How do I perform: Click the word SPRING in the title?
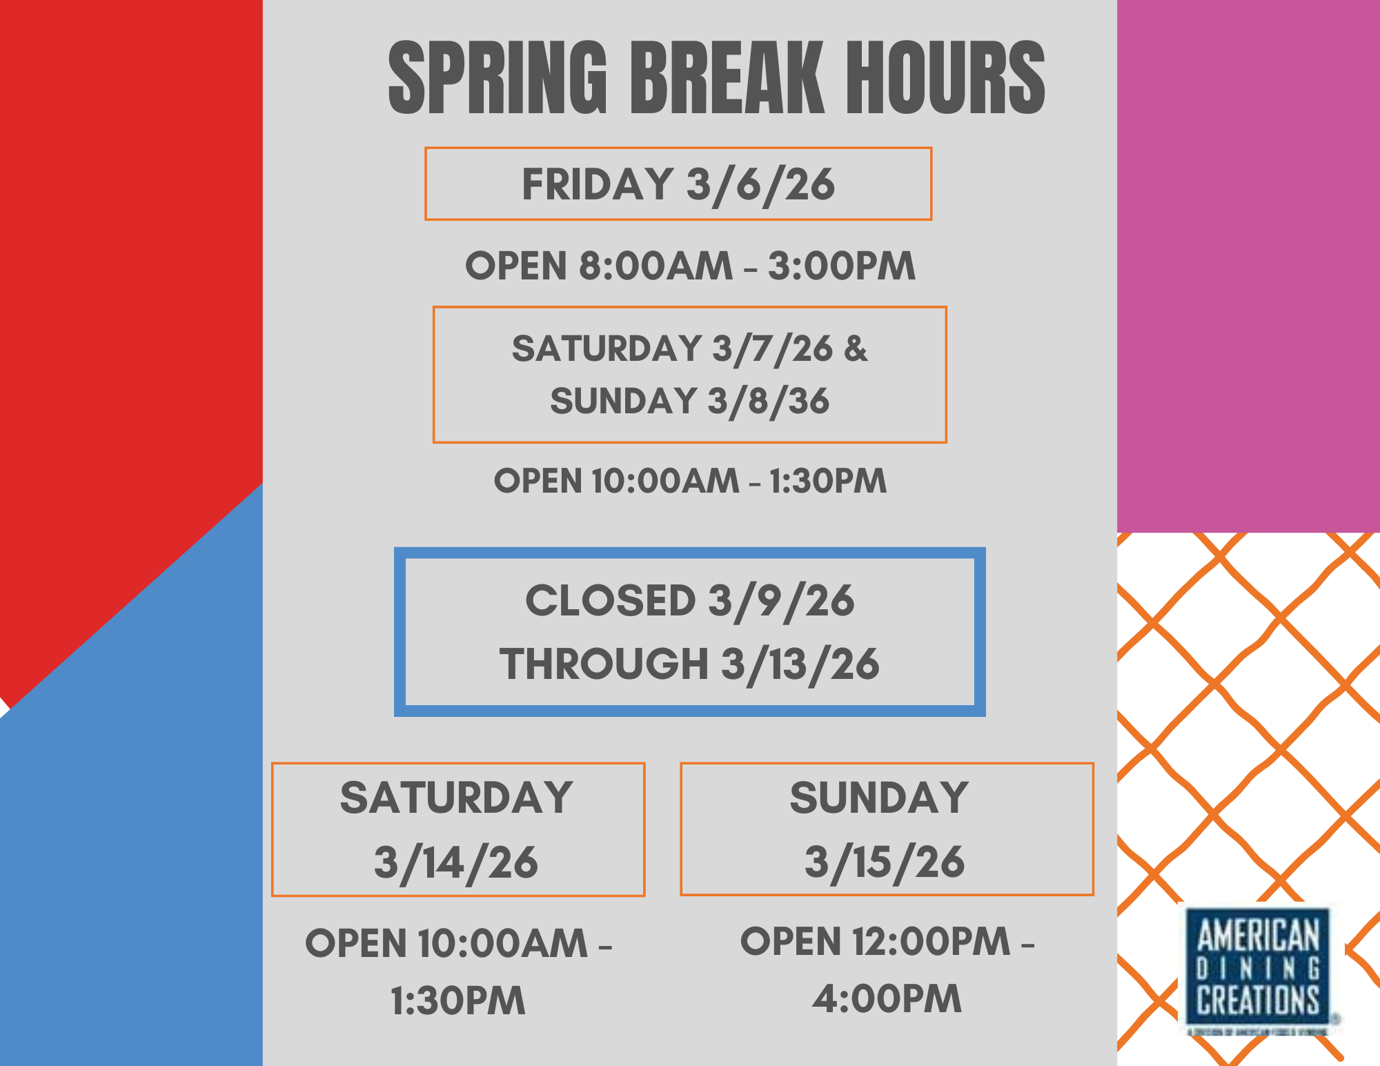tap(497, 77)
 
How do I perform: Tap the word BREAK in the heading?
tap(727, 77)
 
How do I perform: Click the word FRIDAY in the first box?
tap(597, 184)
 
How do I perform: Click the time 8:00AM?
tap(655, 266)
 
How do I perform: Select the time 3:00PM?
tap(842, 266)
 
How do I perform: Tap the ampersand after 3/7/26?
tap(856, 348)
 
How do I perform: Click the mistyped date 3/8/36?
tap(769, 402)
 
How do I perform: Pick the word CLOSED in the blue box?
tap(611, 600)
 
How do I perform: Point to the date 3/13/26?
tap(800, 664)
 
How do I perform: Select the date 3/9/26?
tap(781, 601)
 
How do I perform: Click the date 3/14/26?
tap(456, 862)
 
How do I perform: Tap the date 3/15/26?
tap(885, 862)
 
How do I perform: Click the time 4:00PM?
tap(887, 998)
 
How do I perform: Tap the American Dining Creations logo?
tap(1258, 969)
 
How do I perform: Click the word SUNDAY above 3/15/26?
tap(879, 798)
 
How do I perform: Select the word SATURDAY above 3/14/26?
tap(456, 798)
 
